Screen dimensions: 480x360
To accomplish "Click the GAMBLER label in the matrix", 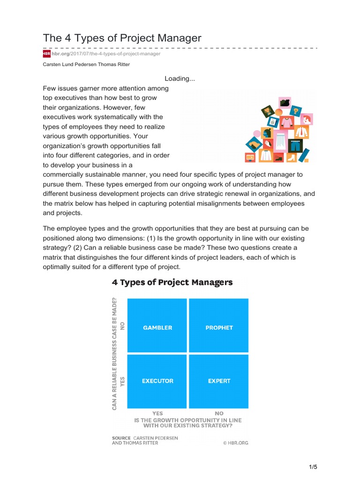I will point(157,328).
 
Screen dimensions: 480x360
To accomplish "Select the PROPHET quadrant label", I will point(219,328).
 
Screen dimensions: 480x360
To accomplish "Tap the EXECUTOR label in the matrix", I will point(157,381).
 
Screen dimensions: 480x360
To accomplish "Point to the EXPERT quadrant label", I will point(219,381).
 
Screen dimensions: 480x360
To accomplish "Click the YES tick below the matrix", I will point(157,413).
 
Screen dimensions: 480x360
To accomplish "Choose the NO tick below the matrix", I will point(219,413).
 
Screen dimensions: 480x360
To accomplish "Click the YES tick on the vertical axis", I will point(123,381).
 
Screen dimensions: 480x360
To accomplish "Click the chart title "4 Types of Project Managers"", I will point(172,282).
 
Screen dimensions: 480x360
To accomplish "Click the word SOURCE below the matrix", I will point(121,438).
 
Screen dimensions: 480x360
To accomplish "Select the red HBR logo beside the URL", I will point(46,54).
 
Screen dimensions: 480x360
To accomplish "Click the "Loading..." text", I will point(180,79).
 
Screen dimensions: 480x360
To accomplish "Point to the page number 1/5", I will point(313,467).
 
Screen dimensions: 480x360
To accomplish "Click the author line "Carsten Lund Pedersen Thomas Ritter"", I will point(86,65).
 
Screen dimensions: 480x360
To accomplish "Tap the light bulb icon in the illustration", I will point(296,111).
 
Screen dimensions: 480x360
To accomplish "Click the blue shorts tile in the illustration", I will point(295,142).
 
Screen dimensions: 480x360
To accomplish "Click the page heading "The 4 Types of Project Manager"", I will point(122,37).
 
